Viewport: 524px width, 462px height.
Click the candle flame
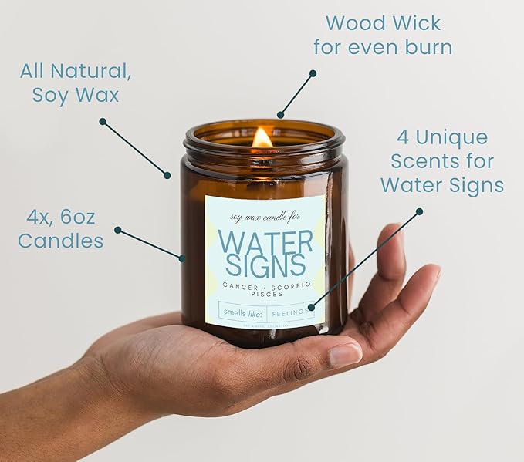pyautogui.click(x=262, y=138)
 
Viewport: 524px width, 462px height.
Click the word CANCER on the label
pyautogui.click(x=237, y=286)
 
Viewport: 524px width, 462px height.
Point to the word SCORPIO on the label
pyautogui.click(x=289, y=286)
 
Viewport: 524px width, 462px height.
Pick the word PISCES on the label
pyautogui.click(x=265, y=294)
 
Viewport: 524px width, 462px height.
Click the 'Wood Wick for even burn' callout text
pyautogui.click(x=383, y=35)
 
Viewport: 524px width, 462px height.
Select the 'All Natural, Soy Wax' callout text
pyautogui.click(x=76, y=83)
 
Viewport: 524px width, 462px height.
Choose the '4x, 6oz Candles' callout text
pyautogui.click(x=60, y=229)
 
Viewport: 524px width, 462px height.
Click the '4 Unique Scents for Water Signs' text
pyautogui.click(x=442, y=161)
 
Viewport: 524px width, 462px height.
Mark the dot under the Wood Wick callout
pyautogui.click(x=313, y=73)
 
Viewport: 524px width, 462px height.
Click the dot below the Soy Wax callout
pyautogui.click(x=102, y=121)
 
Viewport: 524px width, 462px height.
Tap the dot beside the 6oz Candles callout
pyautogui.click(x=117, y=229)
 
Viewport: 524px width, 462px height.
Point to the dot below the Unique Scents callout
pyautogui.click(x=419, y=211)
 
